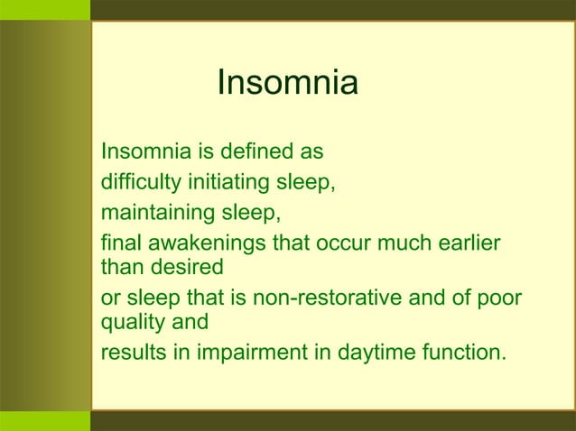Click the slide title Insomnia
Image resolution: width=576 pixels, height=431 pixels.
tap(287, 84)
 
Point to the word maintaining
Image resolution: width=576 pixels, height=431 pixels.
tap(153, 215)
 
